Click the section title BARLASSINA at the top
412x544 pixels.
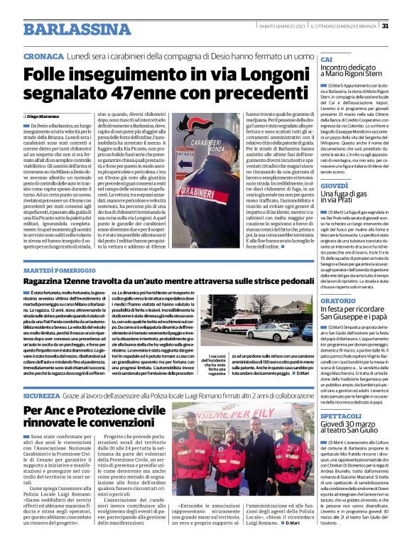click(70, 28)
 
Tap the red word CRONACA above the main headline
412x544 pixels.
click(43, 55)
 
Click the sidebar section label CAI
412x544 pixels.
click(326, 59)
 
